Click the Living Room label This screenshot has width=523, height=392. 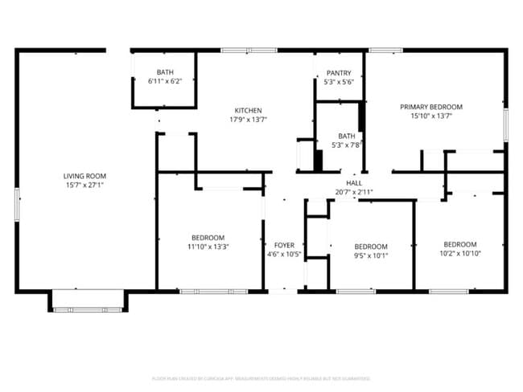[84, 176]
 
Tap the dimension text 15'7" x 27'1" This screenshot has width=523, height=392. [84, 185]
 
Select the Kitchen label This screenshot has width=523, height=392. [248, 111]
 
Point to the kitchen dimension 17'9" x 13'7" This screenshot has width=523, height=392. [248, 120]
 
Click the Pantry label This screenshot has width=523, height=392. [339, 73]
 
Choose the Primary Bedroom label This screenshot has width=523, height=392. [431, 107]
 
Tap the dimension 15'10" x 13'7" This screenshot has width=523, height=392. [431, 116]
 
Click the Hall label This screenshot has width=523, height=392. [353, 183]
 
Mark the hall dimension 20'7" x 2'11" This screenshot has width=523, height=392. [353, 192]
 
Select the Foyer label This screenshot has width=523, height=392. [283, 245]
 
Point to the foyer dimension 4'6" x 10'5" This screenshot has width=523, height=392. [283, 255]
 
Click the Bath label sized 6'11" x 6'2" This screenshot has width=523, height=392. [164, 72]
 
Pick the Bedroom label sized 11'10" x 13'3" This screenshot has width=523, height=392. [208, 238]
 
